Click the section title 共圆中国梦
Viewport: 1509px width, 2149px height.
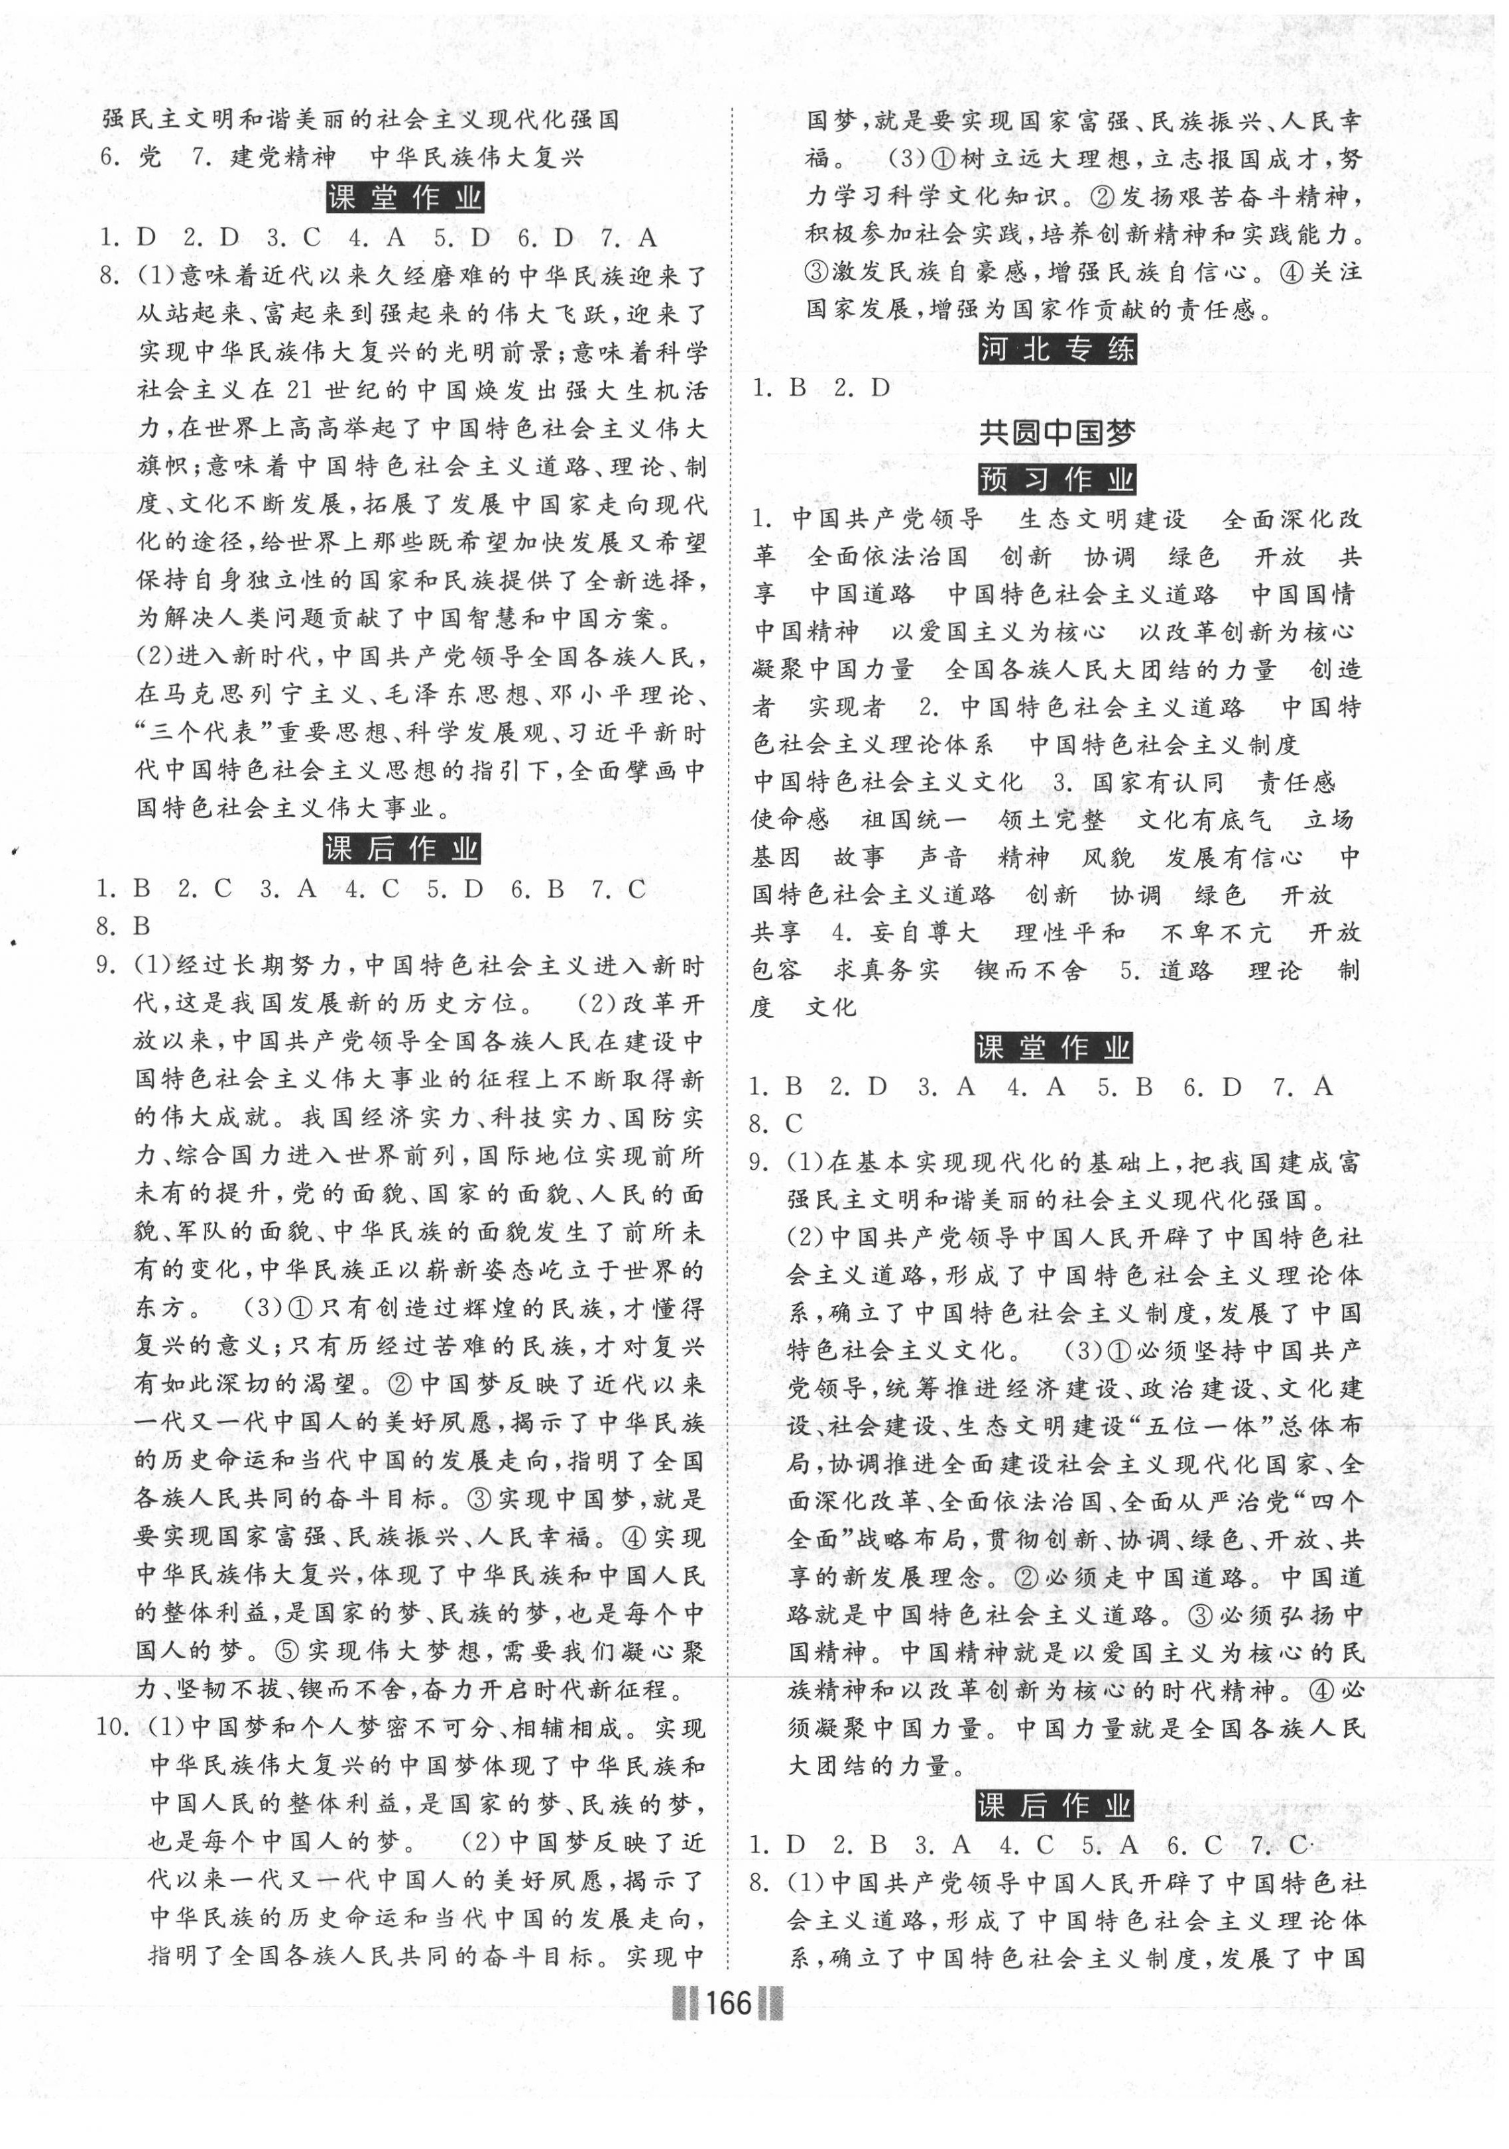(x=1057, y=432)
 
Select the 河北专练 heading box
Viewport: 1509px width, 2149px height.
(x=1057, y=349)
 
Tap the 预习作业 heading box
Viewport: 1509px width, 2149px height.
(x=1057, y=479)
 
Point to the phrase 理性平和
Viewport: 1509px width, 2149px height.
(x=1069, y=933)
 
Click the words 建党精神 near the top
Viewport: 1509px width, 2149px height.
(x=282, y=157)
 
